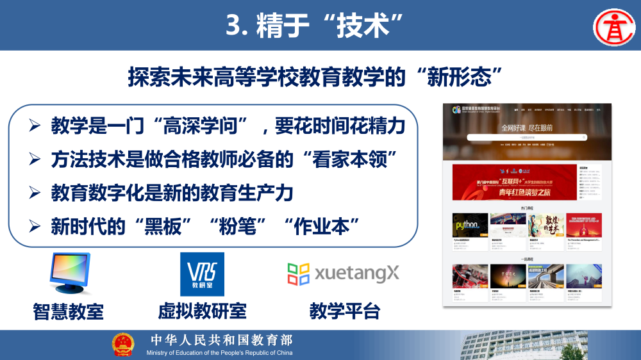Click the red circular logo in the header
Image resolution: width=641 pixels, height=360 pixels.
[x=612, y=26]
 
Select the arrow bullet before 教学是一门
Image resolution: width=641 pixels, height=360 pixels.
[x=35, y=126]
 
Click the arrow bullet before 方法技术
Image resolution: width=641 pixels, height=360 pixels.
[x=35, y=159]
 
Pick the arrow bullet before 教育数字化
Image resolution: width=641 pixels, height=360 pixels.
[x=35, y=192]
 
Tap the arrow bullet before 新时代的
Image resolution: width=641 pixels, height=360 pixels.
[x=35, y=225]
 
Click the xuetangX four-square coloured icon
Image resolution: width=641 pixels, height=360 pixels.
[x=299, y=274]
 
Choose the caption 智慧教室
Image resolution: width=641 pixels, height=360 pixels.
[x=69, y=312]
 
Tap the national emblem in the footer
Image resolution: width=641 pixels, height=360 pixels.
[x=123, y=345]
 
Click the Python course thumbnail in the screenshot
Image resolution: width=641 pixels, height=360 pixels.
[x=469, y=225]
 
